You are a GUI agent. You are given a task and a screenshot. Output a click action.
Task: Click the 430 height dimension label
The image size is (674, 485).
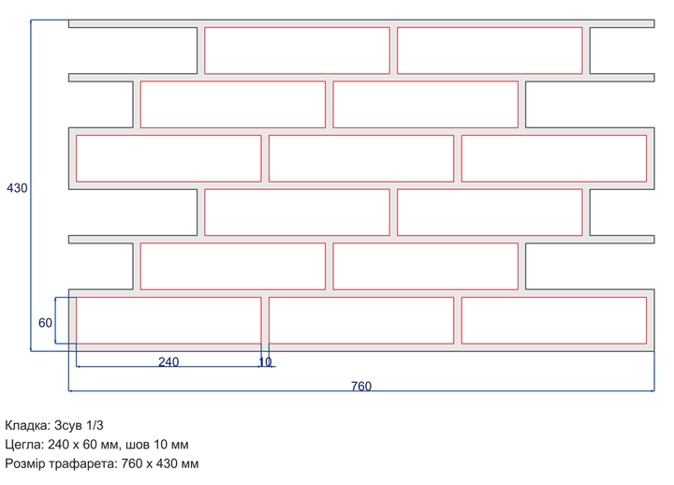17,188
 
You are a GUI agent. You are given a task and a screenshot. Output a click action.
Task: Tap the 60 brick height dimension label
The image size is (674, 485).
45,323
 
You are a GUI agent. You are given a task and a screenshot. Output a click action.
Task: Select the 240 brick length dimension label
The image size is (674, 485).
168,362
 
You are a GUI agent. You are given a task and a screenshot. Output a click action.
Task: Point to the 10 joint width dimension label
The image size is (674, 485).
265,362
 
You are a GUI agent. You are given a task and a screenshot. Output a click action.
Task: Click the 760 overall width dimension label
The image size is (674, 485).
361,386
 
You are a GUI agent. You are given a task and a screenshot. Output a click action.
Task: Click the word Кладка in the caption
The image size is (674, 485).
28,426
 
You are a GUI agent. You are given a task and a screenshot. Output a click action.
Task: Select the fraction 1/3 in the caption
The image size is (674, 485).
95,426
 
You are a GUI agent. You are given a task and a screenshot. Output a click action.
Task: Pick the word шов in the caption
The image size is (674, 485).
138,445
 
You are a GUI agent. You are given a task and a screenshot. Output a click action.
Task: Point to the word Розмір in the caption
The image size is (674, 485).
25,463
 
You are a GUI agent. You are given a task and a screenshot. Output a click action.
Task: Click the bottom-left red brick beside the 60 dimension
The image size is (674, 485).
168,320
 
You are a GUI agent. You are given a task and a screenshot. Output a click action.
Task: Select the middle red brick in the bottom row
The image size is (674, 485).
361,320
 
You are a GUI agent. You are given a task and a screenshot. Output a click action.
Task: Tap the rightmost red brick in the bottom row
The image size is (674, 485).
554,320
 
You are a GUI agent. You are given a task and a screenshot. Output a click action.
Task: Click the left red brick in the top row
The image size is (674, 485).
297,51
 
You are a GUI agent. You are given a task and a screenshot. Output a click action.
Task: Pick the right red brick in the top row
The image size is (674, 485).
490,51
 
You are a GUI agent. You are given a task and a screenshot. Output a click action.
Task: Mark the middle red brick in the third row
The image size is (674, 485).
361,158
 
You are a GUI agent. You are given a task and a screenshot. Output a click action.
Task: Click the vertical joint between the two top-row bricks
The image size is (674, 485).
393,51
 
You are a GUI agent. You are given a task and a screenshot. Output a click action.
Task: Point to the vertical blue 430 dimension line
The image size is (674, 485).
31,185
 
